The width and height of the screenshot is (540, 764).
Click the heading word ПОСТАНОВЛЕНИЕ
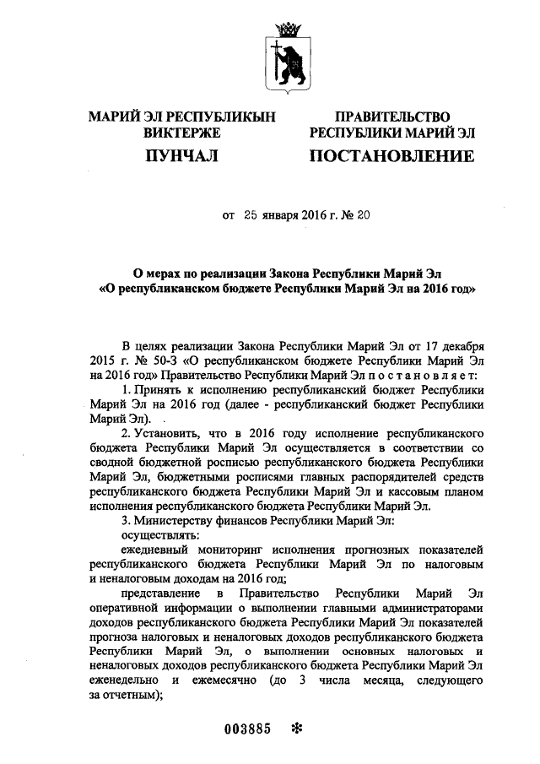pyautogui.click(x=391, y=156)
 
